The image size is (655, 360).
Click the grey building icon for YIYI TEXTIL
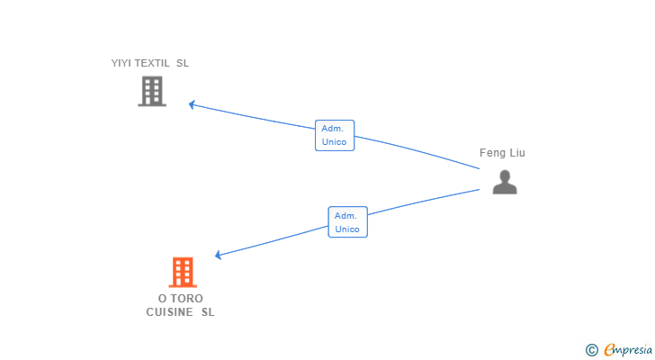pyautogui.click(x=152, y=91)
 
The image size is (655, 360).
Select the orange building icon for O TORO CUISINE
pyautogui.click(x=183, y=272)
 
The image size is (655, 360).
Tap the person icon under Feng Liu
pyautogui.click(x=505, y=182)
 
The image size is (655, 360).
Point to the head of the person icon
pyautogui.click(x=505, y=175)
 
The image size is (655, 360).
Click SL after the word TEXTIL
pyautogui.click(x=183, y=63)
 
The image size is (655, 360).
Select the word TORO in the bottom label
pyautogui.click(x=187, y=298)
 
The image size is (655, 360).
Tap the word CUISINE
pyautogui.click(x=170, y=312)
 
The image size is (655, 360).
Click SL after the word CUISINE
pyautogui.click(x=208, y=312)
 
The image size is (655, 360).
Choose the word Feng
pyautogui.click(x=492, y=153)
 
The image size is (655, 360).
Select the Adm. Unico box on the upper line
pyautogui.click(x=334, y=135)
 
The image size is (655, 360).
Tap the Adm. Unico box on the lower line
pyautogui.click(x=347, y=222)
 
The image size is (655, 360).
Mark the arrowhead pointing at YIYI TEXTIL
pyautogui.click(x=193, y=104)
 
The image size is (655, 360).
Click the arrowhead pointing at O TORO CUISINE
pyautogui.click(x=219, y=255)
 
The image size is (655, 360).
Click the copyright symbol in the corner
pyautogui.click(x=592, y=349)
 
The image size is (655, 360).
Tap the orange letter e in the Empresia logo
pyautogui.click(x=609, y=349)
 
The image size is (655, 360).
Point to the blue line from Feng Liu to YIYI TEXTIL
pyautogui.click(x=414, y=148)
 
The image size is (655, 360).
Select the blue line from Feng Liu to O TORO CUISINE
pyautogui.click(x=423, y=203)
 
